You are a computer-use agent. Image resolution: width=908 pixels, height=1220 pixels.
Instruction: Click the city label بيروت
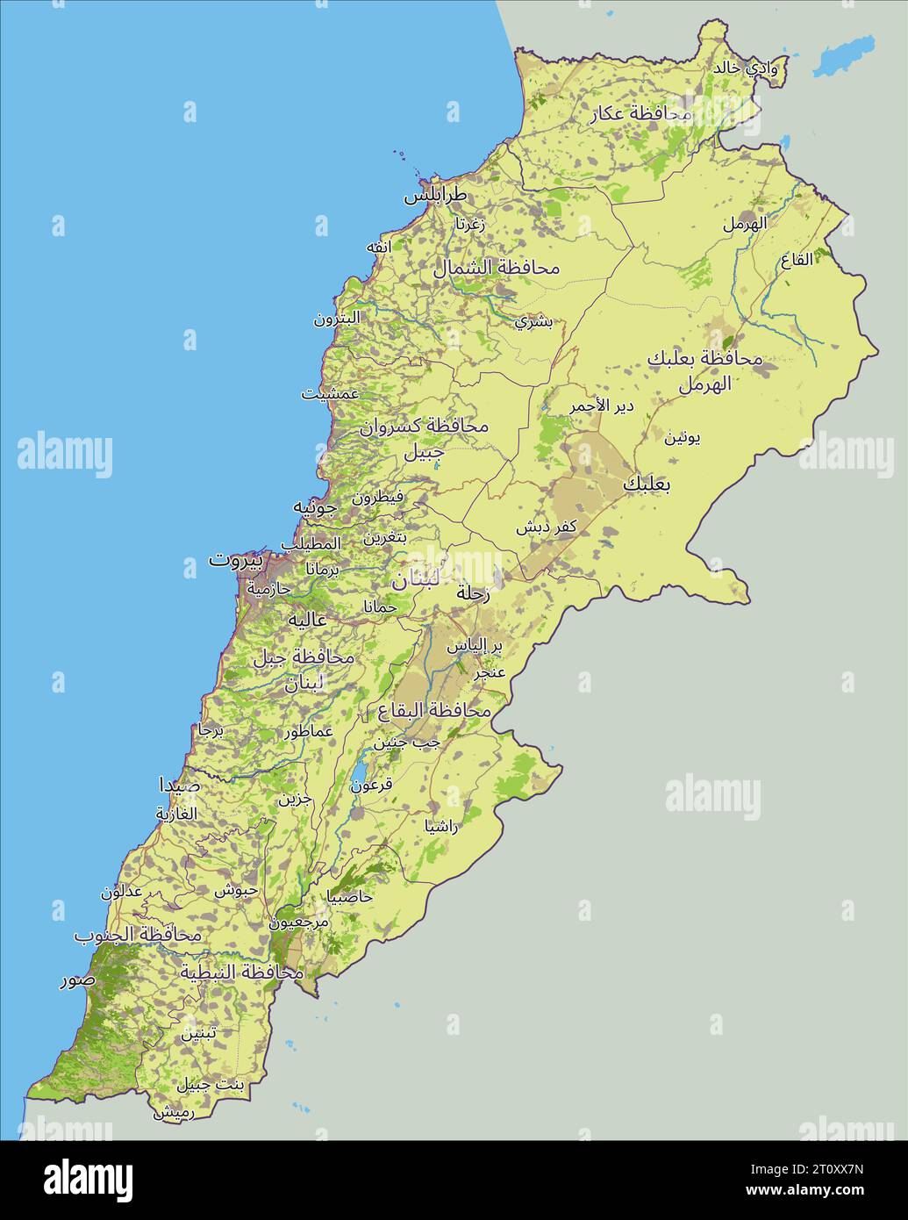pyautogui.click(x=235, y=559)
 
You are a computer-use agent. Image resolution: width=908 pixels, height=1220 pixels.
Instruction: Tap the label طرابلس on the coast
pyautogui.click(x=435, y=195)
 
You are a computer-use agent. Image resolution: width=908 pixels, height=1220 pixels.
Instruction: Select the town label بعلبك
pyautogui.click(x=647, y=484)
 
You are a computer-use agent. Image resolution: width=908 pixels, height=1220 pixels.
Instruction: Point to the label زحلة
pyautogui.click(x=473, y=593)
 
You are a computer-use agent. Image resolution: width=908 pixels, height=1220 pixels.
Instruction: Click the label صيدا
pyautogui.click(x=179, y=784)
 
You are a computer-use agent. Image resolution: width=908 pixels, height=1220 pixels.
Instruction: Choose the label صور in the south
pyautogui.click(x=76, y=980)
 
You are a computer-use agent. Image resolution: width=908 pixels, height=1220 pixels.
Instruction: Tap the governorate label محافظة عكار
pyautogui.click(x=642, y=112)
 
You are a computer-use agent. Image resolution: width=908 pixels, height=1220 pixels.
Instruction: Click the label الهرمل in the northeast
pyautogui.click(x=744, y=223)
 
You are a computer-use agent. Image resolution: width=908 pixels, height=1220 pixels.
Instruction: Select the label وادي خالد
pyautogui.click(x=746, y=68)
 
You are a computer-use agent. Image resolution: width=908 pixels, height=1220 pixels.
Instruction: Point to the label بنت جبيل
pyautogui.click(x=211, y=1085)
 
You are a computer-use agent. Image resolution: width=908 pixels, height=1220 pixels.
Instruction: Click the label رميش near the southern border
pyautogui.click(x=174, y=1112)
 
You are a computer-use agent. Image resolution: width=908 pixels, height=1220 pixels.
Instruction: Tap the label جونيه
pyautogui.click(x=314, y=506)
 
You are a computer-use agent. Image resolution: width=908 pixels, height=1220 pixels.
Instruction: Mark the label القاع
pyautogui.click(x=797, y=260)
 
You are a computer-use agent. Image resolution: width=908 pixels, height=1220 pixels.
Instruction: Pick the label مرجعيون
pyautogui.click(x=298, y=922)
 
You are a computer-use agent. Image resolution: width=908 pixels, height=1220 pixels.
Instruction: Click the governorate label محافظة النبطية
pyautogui.click(x=241, y=972)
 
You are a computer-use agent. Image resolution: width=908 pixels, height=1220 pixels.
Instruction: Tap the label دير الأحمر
pyautogui.click(x=601, y=405)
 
